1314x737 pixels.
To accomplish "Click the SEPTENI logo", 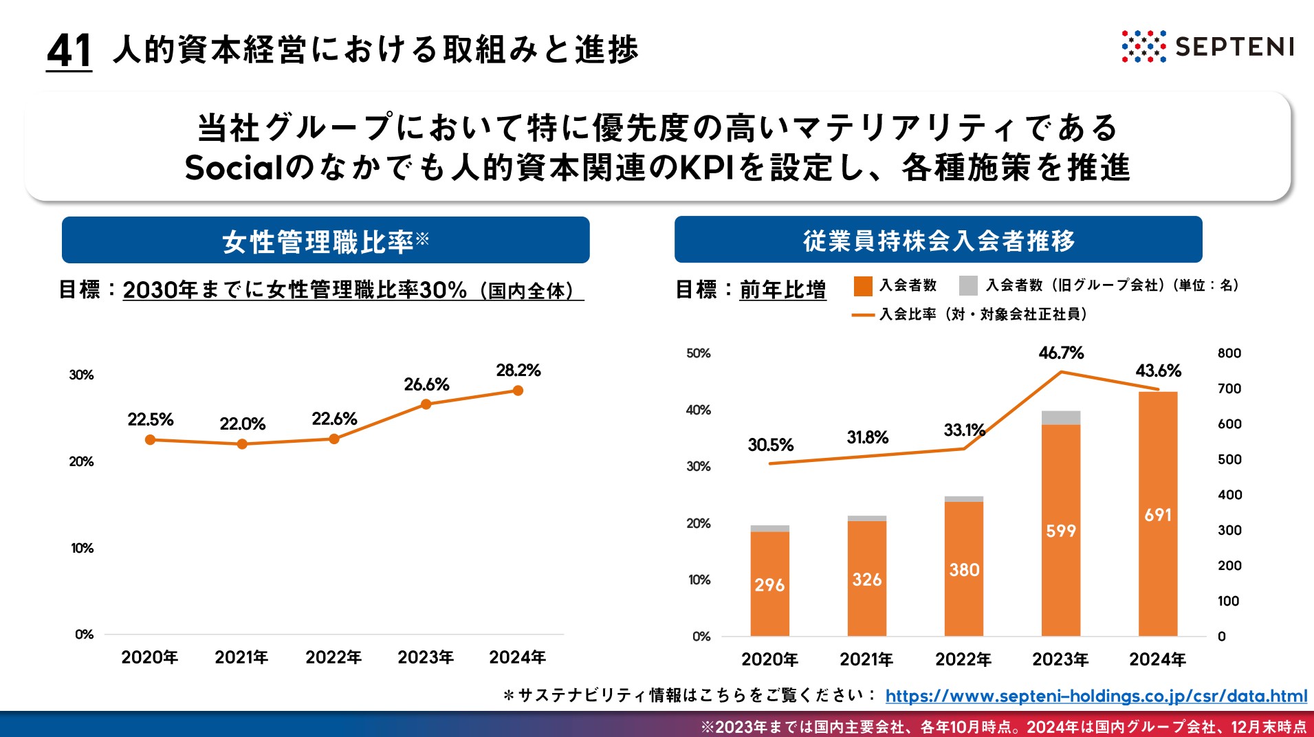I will (x=1207, y=47).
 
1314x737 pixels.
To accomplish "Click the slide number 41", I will (x=69, y=51).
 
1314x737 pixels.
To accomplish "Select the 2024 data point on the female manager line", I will (x=518, y=390).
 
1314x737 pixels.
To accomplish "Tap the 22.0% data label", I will (x=242, y=423).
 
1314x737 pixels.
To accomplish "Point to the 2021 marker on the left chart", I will (x=242, y=444).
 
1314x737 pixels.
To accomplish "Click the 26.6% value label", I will (x=426, y=384).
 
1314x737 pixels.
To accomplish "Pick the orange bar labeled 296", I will (x=769, y=584).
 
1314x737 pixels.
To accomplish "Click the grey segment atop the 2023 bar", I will (x=1060, y=418).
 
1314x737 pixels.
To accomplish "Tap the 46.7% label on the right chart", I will (x=1060, y=353).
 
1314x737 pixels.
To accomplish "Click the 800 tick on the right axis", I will (x=1229, y=353).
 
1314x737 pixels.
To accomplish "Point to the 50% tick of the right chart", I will (x=698, y=353).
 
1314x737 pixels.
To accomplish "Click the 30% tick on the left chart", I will (x=81, y=375).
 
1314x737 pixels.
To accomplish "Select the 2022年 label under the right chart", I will (x=963, y=659).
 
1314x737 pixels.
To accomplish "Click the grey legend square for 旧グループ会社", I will (x=968, y=285).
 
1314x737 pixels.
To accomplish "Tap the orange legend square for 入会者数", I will (x=862, y=285).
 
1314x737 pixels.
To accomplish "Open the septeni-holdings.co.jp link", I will (x=1096, y=696).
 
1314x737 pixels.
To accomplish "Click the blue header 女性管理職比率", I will (x=325, y=241).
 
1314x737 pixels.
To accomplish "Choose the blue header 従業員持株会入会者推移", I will (x=938, y=240).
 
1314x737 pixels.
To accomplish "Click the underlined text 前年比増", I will (x=782, y=289).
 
